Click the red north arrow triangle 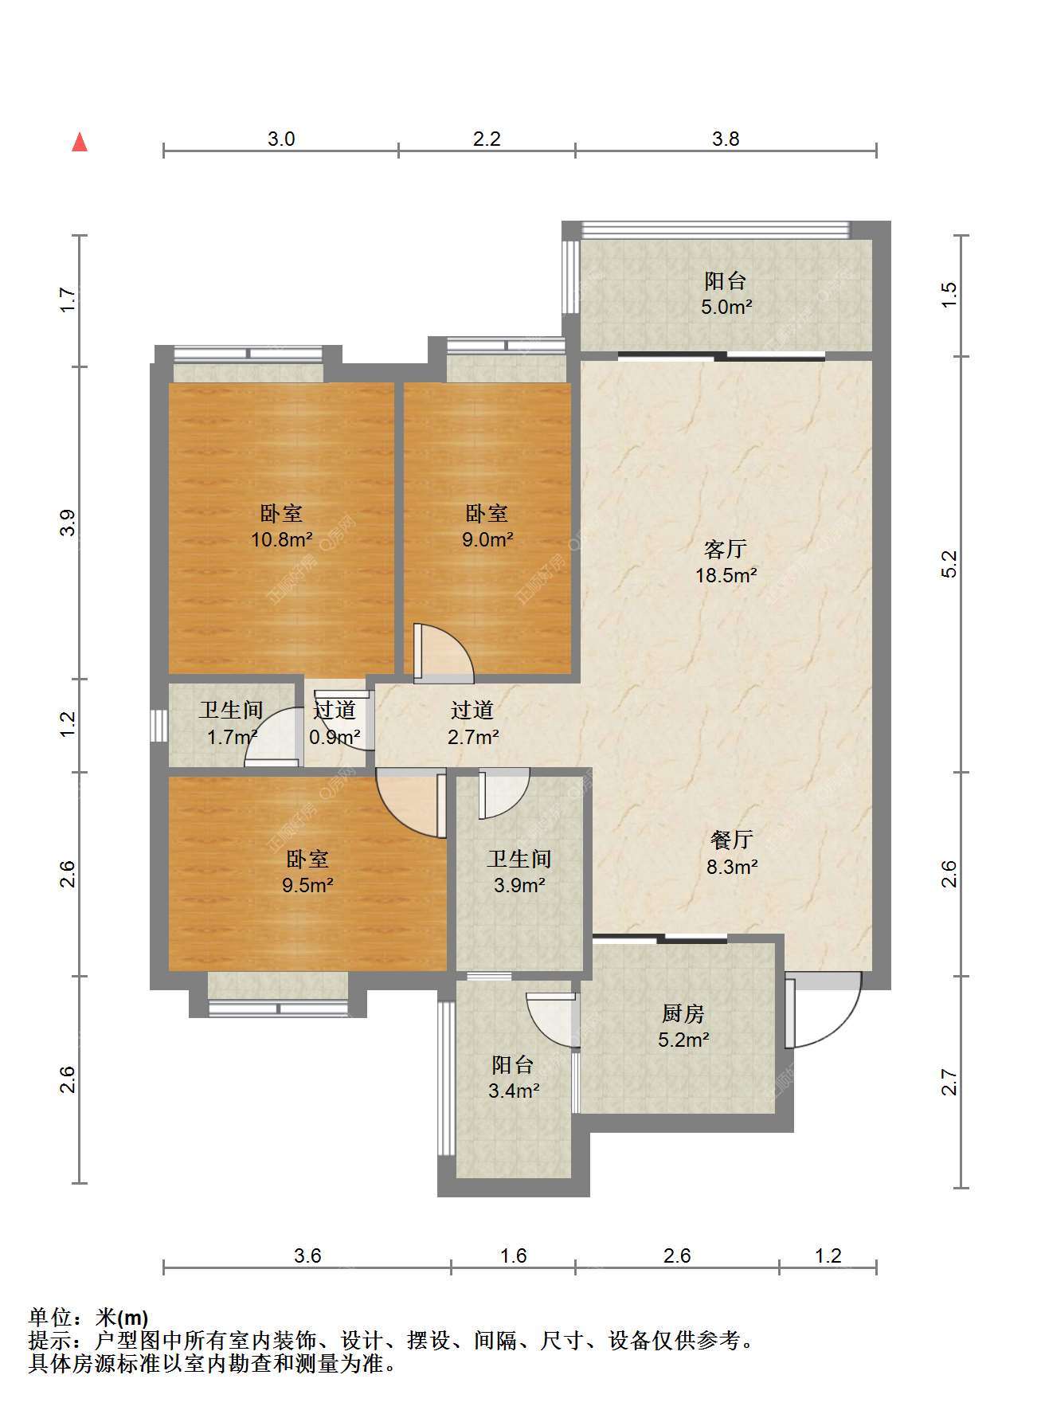click(80, 142)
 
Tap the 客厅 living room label click(726, 549)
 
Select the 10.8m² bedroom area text click(281, 539)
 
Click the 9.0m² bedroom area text click(487, 539)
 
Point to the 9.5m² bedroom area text click(307, 884)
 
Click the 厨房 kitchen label click(683, 1014)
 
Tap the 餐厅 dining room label click(731, 840)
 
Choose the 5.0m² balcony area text click(726, 307)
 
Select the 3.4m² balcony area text click(514, 1091)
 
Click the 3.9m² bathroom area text click(519, 884)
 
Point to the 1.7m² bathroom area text click(232, 737)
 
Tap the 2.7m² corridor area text click(473, 737)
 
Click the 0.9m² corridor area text click(334, 737)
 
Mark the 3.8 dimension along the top click(726, 139)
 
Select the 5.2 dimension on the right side click(949, 564)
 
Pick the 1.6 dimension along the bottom click(514, 1255)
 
